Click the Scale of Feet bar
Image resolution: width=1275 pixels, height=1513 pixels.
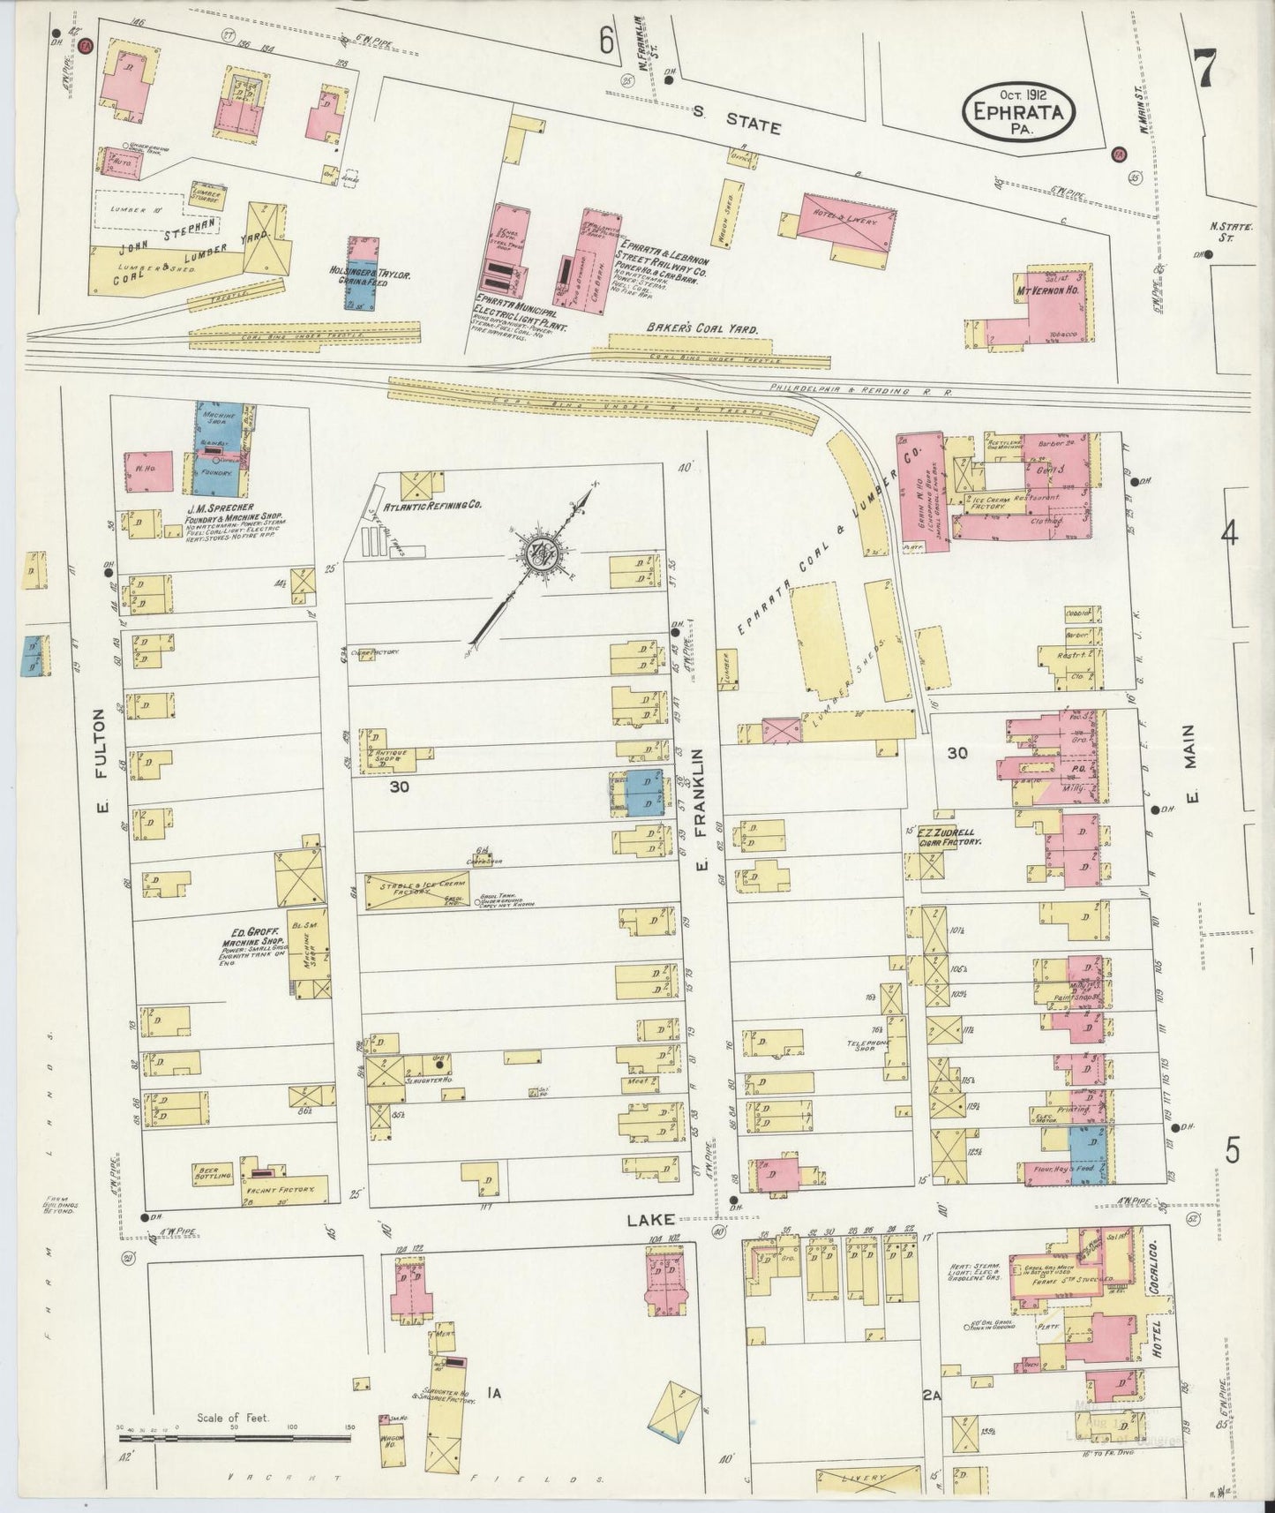[x=234, y=1439]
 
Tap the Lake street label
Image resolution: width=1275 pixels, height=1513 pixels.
[x=651, y=1220]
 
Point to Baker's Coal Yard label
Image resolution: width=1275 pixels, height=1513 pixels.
[x=702, y=328]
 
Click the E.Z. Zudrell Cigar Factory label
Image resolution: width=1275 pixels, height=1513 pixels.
[x=947, y=837]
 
